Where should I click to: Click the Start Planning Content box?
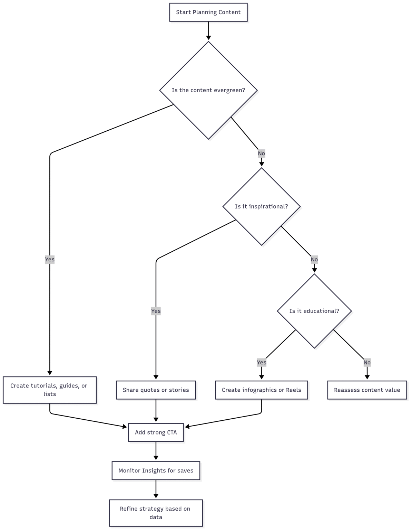[x=208, y=12]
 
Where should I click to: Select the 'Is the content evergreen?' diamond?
[x=208, y=90]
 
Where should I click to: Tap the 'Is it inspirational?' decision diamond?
[x=262, y=206]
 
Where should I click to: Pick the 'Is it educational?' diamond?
[x=314, y=311]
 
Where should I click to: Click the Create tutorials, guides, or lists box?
[x=50, y=390]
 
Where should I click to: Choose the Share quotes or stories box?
[x=156, y=390]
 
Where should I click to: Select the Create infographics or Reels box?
[x=262, y=390]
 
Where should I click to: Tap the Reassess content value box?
[x=367, y=390]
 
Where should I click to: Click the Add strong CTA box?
[x=156, y=432]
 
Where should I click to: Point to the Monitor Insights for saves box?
[x=156, y=471]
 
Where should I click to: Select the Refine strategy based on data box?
[x=156, y=513]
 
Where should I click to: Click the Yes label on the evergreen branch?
[x=50, y=259]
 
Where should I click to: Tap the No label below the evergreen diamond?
[x=262, y=153]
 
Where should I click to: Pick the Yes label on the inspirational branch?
[x=156, y=311]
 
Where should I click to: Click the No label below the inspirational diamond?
[x=314, y=259]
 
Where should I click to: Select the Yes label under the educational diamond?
[x=262, y=362]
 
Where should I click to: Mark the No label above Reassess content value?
[x=367, y=362]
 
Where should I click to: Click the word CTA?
[x=172, y=432]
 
